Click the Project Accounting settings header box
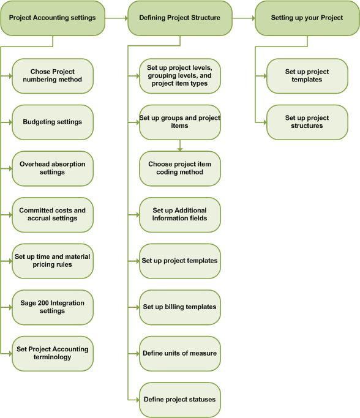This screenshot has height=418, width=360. pyautogui.click(x=53, y=18)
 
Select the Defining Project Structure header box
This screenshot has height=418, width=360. pyautogui.click(x=179, y=18)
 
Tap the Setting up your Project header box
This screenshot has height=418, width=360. pyautogui.click(x=307, y=18)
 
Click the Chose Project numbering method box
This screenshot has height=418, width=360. pyautogui.click(x=53, y=76)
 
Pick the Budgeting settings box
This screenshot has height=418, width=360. pyautogui.click(x=53, y=122)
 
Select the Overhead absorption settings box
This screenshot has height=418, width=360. pyautogui.click(x=53, y=168)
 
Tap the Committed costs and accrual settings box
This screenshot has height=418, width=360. pyautogui.click(x=53, y=215)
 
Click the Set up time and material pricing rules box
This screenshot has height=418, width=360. pyautogui.click(x=53, y=261)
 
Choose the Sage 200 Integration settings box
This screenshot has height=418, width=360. pyautogui.click(x=53, y=307)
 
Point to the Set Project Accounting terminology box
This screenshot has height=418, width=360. pyautogui.click(x=53, y=353)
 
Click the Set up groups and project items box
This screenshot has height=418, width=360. pyautogui.click(x=179, y=122)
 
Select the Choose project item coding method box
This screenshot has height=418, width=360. pyautogui.click(x=179, y=168)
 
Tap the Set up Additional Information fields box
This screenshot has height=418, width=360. pyautogui.click(x=179, y=215)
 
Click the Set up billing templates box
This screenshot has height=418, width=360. pyautogui.click(x=179, y=307)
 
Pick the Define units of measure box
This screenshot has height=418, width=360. pyautogui.click(x=179, y=353)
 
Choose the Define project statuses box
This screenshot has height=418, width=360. pyautogui.click(x=179, y=400)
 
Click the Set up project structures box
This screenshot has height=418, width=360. pyautogui.click(x=307, y=122)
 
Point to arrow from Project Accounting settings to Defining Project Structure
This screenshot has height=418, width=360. pyautogui.click(x=116, y=18)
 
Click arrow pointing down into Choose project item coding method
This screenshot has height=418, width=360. pyautogui.click(x=179, y=146)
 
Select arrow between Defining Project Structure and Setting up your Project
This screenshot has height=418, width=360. pyautogui.click(x=243, y=18)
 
